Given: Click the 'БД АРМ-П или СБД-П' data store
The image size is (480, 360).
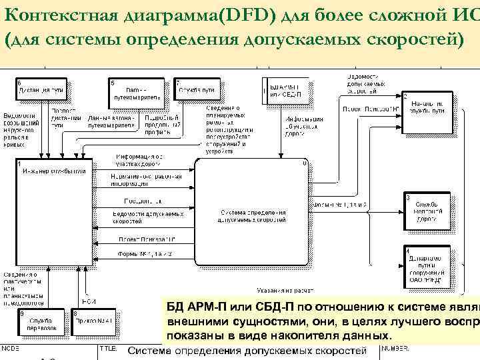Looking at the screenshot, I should click(x=287, y=89).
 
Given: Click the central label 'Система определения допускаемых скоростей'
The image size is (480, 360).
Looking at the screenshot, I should click(x=252, y=215).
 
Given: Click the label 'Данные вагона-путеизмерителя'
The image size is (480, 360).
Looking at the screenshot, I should click(x=111, y=121).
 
